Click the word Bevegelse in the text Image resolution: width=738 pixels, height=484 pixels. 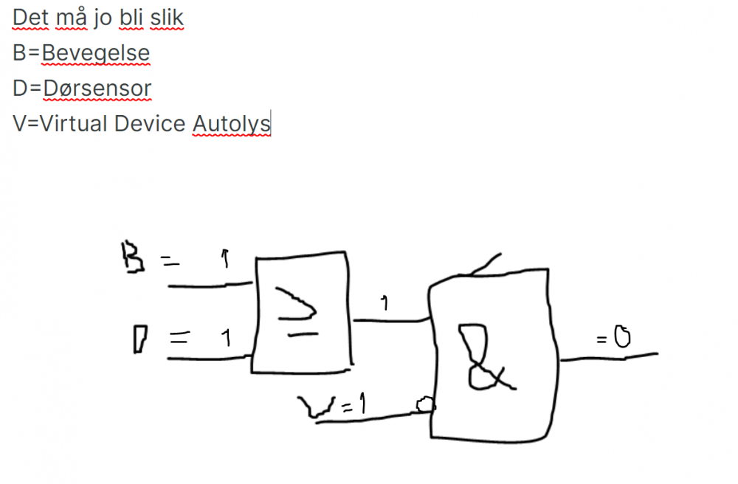click(x=96, y=53)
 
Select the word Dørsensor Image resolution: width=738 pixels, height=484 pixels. click(x=97, y=89)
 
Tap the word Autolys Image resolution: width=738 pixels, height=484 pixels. click(x=231, y=124)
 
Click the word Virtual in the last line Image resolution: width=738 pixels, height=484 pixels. click(x=75, y=124)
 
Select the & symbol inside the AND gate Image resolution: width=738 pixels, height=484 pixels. click(x=481, y=358)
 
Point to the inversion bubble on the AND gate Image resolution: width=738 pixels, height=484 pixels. click(x=424, y=404)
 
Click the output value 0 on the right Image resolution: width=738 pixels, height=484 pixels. click(x=622, y=337)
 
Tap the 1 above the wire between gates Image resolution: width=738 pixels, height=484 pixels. click(x=384, y=302)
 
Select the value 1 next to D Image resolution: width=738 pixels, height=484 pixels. click(x=227, y=339)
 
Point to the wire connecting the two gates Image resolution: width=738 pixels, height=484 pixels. click(x=391, y=320)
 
